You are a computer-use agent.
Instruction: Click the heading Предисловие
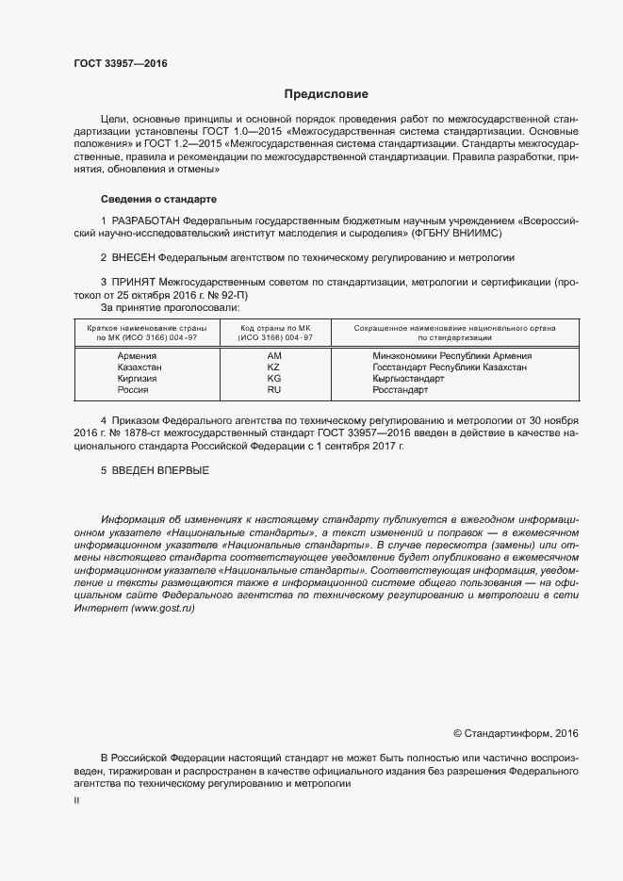pyautogui.click(x=326, y=94)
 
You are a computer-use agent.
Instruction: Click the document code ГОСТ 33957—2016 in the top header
pyautogui.click(x=120, y=64)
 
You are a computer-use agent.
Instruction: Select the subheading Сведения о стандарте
pyautogui.click(x=158, y=200)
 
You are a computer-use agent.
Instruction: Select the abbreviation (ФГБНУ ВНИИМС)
pyautogui.click(x=457, y=232)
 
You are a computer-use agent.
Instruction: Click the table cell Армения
pyautogui.click(x=137, y=356)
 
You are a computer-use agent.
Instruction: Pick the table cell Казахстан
pyautogui.click(x=139, y=367)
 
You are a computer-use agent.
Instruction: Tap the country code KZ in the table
pyautogui.click(x=274, y=367)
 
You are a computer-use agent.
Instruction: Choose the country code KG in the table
pyautogui.click(x=274, y=379)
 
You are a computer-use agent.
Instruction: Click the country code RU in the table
pyautogui.click(x=274, y=390)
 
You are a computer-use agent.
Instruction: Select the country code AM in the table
pyautogui.click(x=274, y=356)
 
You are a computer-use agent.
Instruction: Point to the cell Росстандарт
pyautogui.click(x=400, y=390)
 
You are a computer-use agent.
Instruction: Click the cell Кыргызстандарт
pyautogui.click(x=408, y=379)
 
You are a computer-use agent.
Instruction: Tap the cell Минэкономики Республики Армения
pyautogui.click(x=451, y=356)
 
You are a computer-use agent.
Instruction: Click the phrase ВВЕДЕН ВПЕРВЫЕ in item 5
pyautogui.click(x=160, y=469)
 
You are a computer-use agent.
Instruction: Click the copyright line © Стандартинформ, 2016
pyautogui.click(x=516, y=732)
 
